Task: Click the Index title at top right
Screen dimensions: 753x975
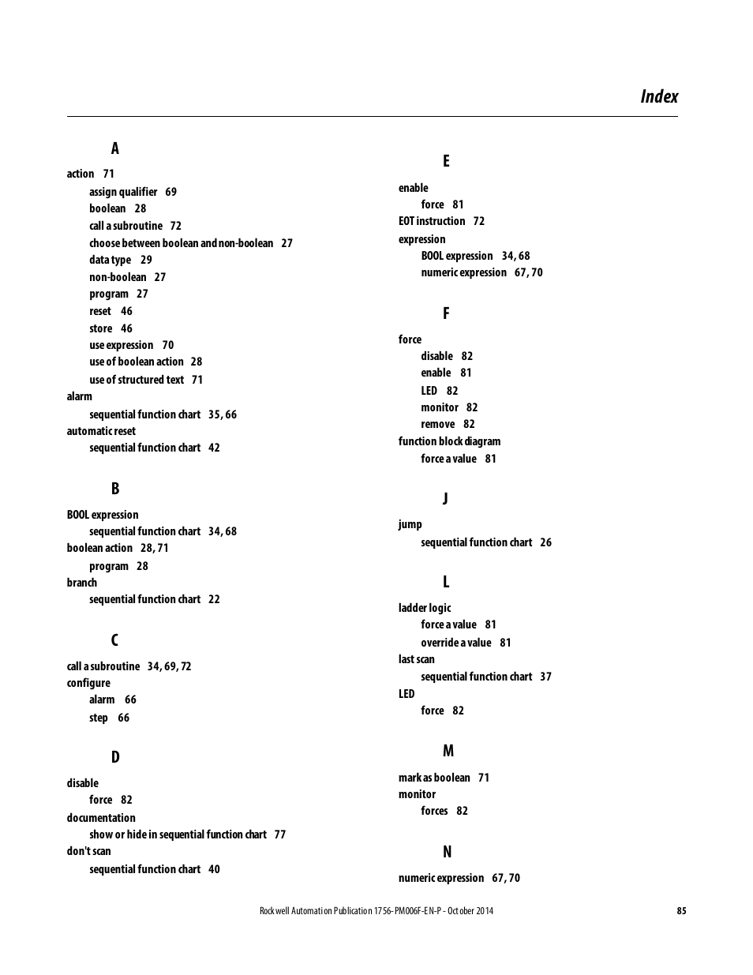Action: coord(659,96)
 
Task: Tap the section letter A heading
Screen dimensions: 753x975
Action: coord(114,148)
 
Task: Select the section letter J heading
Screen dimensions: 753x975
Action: coord(445,498)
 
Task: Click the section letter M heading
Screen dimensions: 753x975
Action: coord(448,751)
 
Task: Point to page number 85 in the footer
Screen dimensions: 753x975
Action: coord(681,910)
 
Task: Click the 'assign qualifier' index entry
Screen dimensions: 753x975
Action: coord(123,192)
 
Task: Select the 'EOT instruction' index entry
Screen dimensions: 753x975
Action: coord(432,221)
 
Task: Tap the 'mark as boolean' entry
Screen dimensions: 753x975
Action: coord(434,778)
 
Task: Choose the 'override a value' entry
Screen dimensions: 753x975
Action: coord(456,643)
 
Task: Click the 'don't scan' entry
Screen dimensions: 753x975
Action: coord(88,851)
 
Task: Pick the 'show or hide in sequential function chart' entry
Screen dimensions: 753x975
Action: coord(178,834)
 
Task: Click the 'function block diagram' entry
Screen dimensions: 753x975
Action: coord(449,441)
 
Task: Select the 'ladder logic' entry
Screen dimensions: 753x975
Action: coord(425,608)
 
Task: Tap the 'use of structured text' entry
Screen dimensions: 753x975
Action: coord(137,380)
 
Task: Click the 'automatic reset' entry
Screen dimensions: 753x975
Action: coord(101,431)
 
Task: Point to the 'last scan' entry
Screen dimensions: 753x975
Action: coord(416,659)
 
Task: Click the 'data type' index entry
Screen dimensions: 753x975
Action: coord(111,260)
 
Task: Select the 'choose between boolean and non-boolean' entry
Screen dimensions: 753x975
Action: coord(181,243)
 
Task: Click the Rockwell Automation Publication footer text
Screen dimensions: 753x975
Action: coord(376,910)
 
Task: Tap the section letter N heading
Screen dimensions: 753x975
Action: coord(447,852)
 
